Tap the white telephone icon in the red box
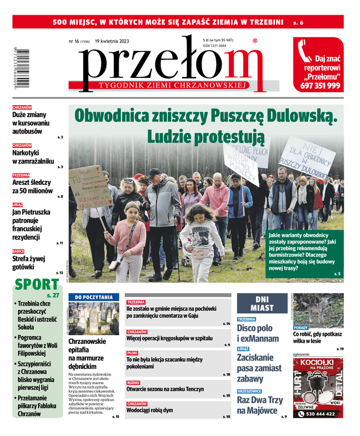tap(305, 52)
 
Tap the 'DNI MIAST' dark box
tap(261, 304)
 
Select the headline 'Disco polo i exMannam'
tap(258, 333)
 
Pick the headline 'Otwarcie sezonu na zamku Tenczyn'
tap(165, 389)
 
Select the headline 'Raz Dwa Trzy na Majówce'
tap(260, 405)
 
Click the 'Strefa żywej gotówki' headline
tap(31, 263)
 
